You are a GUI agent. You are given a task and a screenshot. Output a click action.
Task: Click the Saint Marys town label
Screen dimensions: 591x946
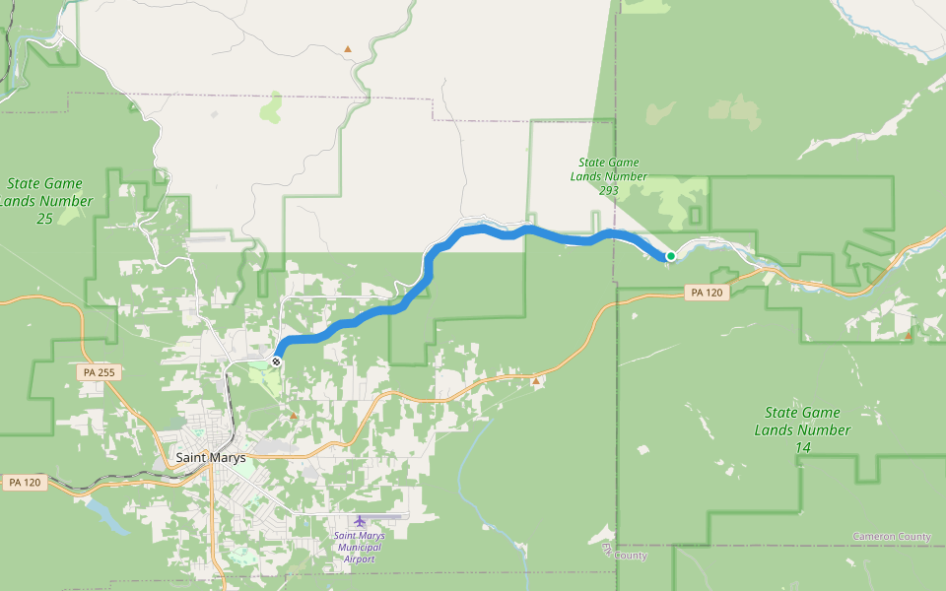pyautogui.click(x=210, y=457)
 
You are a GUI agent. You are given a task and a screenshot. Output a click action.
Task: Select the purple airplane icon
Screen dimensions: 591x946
pyautogui.click(x=359, y=521)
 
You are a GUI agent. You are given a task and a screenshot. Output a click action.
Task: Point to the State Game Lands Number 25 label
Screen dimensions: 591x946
pyautogui.click(x=44, y=200)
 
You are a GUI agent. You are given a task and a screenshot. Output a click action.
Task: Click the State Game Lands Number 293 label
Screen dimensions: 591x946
pyautogui.click(x=609, y=175)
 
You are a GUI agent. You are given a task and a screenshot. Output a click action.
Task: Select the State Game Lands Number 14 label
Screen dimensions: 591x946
pyautogui.click(x=803, y=429)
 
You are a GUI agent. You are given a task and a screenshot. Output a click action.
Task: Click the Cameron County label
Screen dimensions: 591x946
pyautogui.click(x=891, y=537)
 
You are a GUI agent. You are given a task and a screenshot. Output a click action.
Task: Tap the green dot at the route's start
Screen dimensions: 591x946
pyautogui.click(x=671, y=256)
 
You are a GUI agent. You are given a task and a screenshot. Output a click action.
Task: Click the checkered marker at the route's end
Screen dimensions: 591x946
pyautogui.click(x=277, y=361)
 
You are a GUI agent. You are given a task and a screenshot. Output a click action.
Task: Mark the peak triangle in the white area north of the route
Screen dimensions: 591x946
pyautogui.click(x=347, y=48)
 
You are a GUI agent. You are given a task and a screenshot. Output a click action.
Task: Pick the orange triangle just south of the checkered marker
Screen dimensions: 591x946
pyautogui.click(x=293, y=416)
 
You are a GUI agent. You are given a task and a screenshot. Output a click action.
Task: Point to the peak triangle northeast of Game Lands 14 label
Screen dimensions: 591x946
pyautogui.click(x=908, y=335)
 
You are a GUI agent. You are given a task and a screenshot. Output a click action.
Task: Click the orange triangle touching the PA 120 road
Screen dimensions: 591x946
pyautogui.click(x=535, y=380)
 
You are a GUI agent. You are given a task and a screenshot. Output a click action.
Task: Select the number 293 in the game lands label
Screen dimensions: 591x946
pyautogui.click(x=609, y=189)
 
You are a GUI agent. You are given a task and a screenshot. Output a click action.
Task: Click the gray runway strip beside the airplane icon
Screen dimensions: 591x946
pyautogui.click(x=389, y=515)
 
